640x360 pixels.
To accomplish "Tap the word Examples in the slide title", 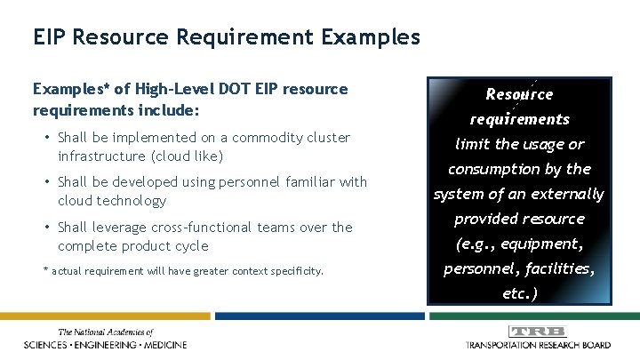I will pos(366,37).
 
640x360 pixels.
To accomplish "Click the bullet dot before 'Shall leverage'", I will pos(46,228).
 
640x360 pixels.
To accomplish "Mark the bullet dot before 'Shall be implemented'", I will pos(46,138).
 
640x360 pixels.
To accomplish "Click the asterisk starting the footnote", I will pos(45,269).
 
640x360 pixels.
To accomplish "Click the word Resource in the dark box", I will pos(519,94).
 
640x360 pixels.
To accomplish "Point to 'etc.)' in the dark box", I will pos(520,293).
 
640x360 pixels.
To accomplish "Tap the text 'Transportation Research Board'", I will pos(538,344).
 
